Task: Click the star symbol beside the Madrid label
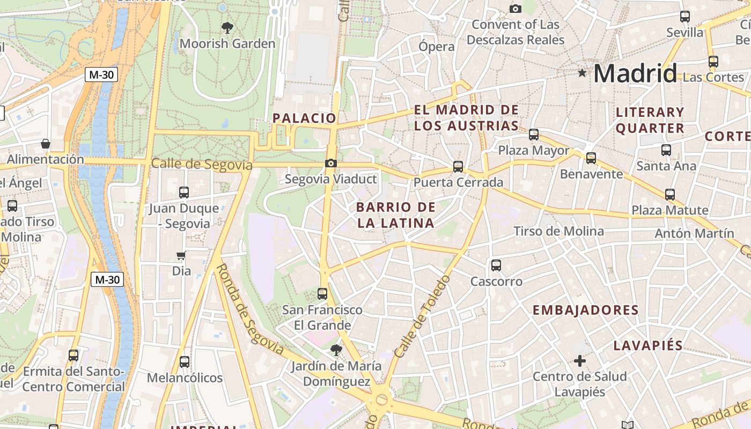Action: point(582,72)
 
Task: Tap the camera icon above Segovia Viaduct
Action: point(331,163)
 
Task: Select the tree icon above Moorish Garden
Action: point(227,27)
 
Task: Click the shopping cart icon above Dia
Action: point(181,256)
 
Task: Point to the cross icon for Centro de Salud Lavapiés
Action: point(579,361)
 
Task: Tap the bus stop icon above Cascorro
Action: point(496,265)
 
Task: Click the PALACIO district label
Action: point(304,118)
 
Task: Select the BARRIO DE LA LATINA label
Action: point(395,215)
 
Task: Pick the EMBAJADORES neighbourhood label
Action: point(585,310)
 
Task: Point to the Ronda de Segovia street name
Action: point(249,309)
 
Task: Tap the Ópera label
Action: point(437,47)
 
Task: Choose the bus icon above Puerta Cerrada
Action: point(458,167)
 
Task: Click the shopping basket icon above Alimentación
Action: point(46,144)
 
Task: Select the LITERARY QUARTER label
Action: point(650,120)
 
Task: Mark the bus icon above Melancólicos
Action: point(185,362)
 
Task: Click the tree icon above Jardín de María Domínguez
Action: point(336,350)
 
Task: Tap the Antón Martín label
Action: point(694,233)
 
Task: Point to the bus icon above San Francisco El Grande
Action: point(322,294)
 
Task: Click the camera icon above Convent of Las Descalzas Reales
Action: point(516,9)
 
